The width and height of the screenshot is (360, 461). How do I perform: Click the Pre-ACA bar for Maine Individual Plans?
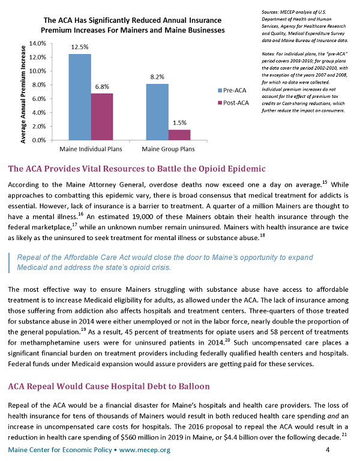(80, 97)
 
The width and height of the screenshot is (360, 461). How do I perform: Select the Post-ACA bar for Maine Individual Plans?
(102, 116)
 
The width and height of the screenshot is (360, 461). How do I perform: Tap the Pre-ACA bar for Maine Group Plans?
(157, 112)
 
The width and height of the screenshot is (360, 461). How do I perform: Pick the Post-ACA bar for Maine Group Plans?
(179, 135)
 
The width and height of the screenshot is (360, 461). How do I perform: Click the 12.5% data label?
(80, 47)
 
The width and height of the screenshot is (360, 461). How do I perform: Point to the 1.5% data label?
(179, 122)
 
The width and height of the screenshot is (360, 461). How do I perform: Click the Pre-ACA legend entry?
(232, 90)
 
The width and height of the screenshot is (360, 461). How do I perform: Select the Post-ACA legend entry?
(233, 103)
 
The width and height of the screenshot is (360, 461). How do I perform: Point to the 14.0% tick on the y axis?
(38, 43)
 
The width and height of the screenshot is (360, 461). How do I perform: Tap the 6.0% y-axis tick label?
(39, 99)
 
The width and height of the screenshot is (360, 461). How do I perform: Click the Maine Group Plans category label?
(168, 149)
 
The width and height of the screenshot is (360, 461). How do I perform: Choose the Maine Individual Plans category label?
(91, 149)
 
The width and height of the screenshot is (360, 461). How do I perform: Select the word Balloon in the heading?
(196, 387)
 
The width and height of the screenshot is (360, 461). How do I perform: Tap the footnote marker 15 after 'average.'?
(325, 182)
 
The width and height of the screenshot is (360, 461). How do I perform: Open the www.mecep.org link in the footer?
(145, 450)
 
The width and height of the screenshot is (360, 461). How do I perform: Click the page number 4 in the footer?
(328, 450)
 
